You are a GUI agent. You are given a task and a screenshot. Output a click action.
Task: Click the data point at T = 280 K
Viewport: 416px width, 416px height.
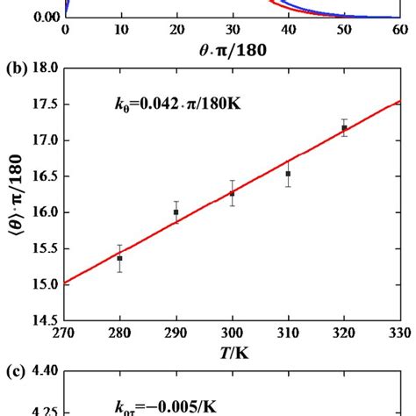pyautogui.click(x=119, y=258)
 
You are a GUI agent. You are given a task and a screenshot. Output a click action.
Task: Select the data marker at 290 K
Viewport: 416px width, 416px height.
pyautogui.click(x=176, y=212)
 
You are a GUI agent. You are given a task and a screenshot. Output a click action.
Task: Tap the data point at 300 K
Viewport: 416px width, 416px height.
pyautogui.click(x=232, y=193)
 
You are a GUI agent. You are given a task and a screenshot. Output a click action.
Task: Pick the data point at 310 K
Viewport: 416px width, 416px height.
pyautogui.click(x=288, y=174)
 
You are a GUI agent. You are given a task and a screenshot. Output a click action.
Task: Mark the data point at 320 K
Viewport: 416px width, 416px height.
pyautogui.click(x=344, y=127)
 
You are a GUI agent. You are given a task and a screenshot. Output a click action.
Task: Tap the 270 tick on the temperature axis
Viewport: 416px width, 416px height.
pyautogui.click(x=64, y=334)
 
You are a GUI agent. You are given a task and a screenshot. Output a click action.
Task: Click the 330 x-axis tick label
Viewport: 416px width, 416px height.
pyautogui.click(x=399, y=334)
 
